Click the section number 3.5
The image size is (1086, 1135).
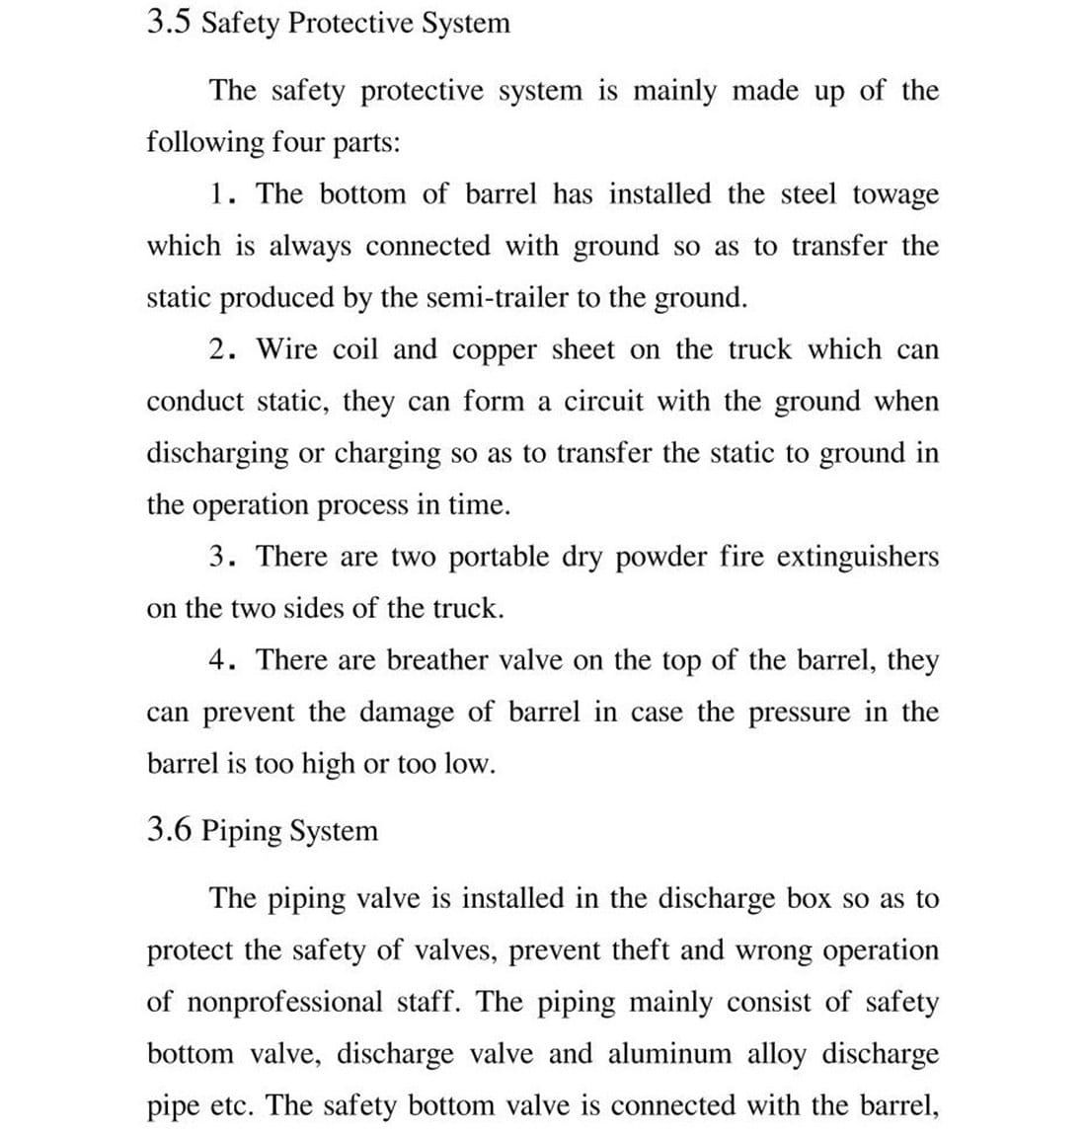pyautogui.click(x=169, y=22)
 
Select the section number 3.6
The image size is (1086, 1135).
pyautogui.click(x=169, y=830)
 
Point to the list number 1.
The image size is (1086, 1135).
pyautogui.click(x=220, y=193)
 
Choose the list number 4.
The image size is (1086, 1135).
pyautogui.click(x=220, y=659)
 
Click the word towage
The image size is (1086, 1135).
pyautogui.click(x=895, y=195)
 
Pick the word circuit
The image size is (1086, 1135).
pyautogui.click(x=602, y=401)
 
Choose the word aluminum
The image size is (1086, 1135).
pyautogui.click(x=669, y=1054)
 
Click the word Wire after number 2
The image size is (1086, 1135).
pyautogui.click(x=287, y=349)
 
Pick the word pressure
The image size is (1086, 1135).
pyautogui.click(x=799, y=713)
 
